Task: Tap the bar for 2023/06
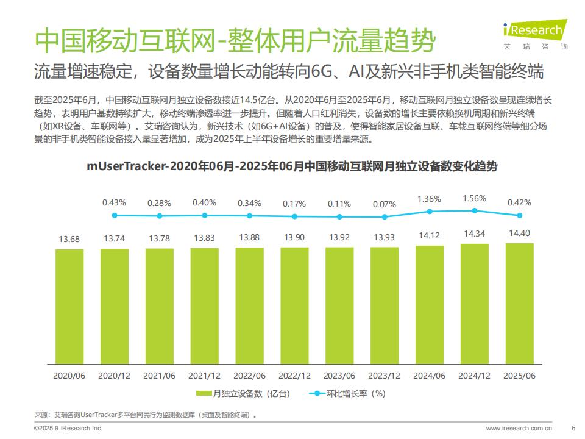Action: click(x=339, y=305)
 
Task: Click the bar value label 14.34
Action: click(x=475, y=234)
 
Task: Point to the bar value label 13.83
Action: click(x=204, y=238)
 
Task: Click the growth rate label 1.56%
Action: click(x=475, y=199)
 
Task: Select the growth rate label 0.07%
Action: click(x=385, y=204)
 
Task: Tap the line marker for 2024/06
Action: click(x=430, y=212)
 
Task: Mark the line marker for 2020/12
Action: click(x=159, y=216)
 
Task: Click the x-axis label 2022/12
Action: click(x=294, y=376)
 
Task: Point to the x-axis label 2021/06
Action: click(x=159, y=376)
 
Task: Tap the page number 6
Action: click(x=572, y=428)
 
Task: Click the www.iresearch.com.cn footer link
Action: click(x=518, y=428)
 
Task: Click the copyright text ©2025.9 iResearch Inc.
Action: click(x=67, y=428)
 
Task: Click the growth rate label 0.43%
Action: click(x=114, y=202)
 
